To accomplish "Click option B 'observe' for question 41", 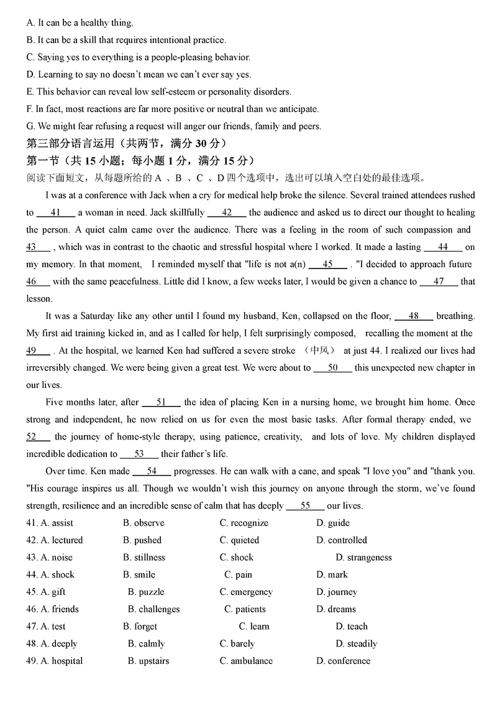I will [x=144, y=523].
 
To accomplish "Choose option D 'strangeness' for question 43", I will [x=363, y=558].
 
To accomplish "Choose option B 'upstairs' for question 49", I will [x=148, y=661].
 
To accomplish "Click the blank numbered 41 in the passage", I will [x=55, y=213].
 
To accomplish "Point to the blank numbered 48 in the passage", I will [x=413, y=316].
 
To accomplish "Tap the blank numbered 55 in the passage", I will [x=305, y=506].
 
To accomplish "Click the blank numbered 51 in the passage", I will [x=161, y=402].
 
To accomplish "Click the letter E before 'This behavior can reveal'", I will [x=30, y=92].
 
